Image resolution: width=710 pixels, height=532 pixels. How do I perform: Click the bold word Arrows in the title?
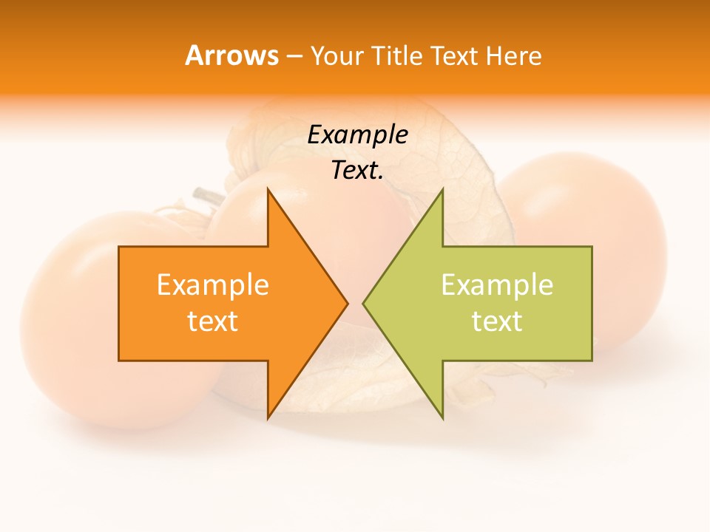tap(231, 55)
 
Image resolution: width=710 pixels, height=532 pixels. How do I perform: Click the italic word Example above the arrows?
tap(357, 134)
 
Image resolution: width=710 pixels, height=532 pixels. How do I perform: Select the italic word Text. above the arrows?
tap(357, 170)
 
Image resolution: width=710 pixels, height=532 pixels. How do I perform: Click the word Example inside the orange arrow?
tap(212, 284)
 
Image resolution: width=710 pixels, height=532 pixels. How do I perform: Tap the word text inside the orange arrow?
tap(212, 321)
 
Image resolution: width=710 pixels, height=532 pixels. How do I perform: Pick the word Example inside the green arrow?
tap(497, 284)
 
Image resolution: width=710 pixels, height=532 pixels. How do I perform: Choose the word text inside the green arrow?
tap(497, 321)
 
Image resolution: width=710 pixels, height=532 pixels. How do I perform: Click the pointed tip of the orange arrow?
tap(348, 303)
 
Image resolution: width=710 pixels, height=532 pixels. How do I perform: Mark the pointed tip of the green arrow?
tap(363, 303)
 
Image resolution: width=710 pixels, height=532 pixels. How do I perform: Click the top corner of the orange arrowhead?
tap(268, 189)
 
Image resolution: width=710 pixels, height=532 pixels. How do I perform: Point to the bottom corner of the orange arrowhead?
tap(268, 418)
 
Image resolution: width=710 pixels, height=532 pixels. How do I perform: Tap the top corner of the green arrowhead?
tap(442, 189)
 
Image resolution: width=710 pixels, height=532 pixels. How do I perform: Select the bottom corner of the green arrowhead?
tap(442, 418)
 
